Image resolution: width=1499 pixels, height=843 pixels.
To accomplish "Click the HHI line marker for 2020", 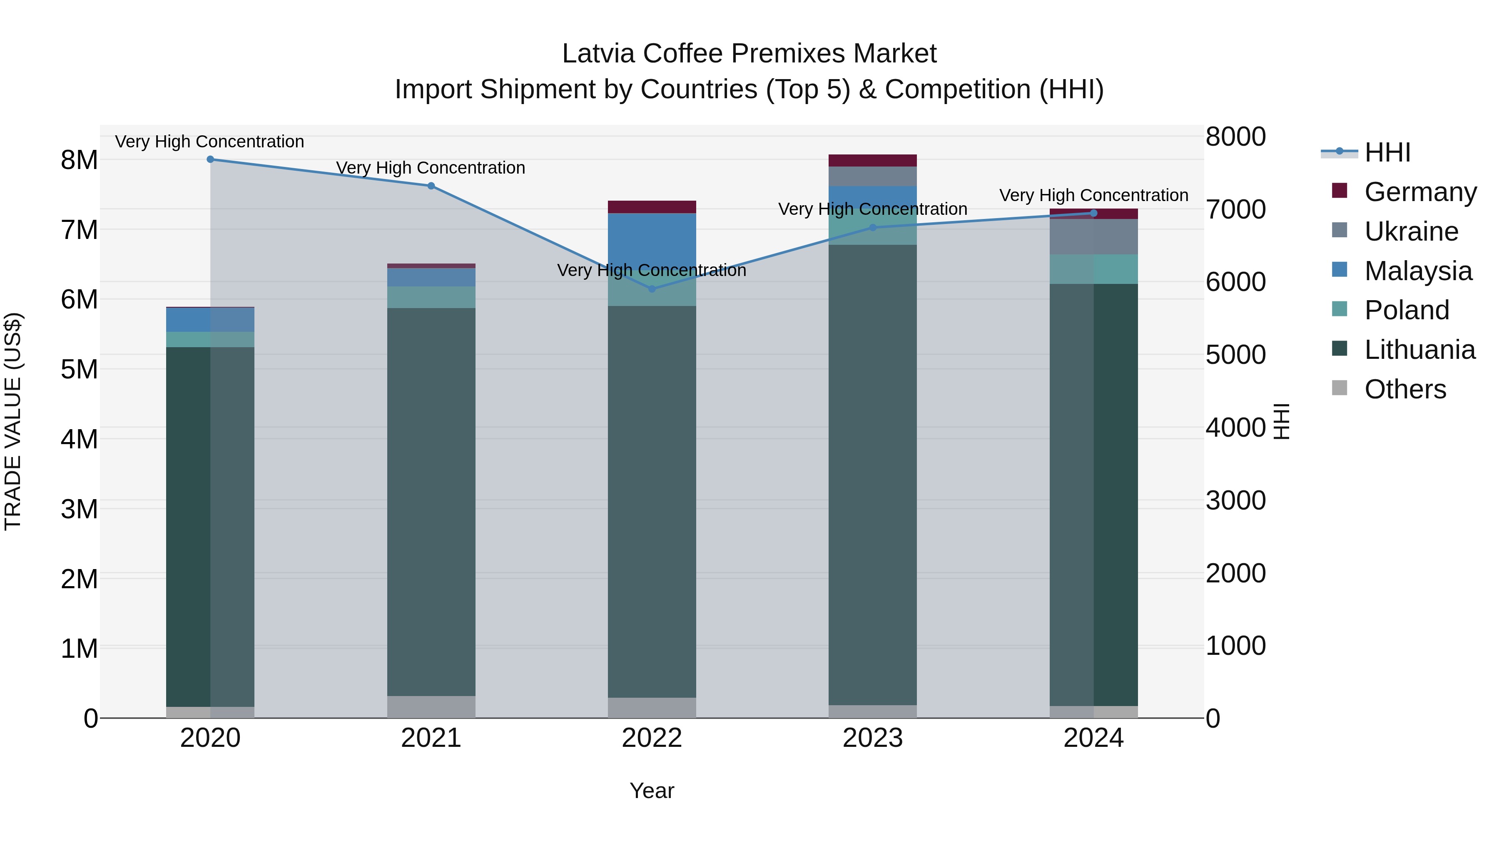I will coord(210,159).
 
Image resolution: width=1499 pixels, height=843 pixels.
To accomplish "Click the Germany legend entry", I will coord(1420,192).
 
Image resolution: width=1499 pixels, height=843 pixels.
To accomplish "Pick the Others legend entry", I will coord(1405,389).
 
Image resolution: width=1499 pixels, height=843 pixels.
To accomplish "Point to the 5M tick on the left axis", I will coord(80,369).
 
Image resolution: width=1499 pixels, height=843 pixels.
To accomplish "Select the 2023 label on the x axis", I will coord(872,738).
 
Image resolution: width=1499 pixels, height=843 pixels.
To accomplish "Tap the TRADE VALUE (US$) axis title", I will coord(13,421).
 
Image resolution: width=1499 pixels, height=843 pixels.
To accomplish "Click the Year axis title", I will coord(652,791).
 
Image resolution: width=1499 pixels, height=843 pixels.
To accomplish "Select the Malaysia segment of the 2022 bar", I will coord(652,239).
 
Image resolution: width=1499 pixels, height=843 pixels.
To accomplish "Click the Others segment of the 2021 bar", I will coord(431,707).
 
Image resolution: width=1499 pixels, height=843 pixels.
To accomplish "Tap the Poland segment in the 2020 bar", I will coord(210,340).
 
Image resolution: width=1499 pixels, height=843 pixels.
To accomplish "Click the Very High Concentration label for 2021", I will coord(431,168).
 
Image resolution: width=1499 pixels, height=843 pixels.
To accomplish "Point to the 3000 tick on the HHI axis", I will coord(1235,500).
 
